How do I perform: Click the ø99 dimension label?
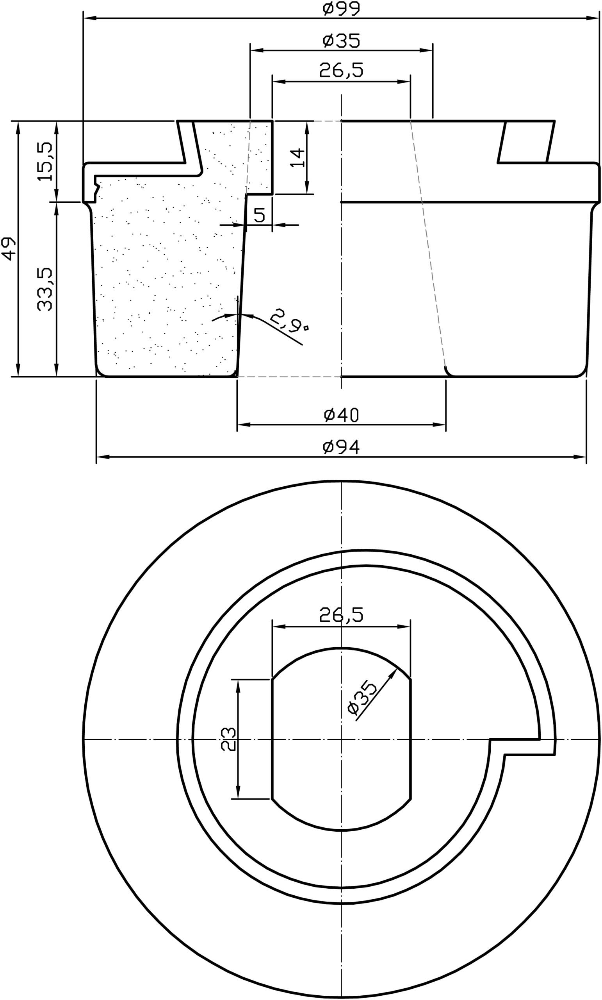pyautogui.click(x=341, y=9)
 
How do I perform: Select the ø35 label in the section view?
pyautogui.click(x=341, y=41)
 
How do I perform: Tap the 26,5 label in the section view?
pyautogui.click(x=341, y=71)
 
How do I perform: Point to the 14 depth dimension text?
pyautogui.click(x=297, y=158)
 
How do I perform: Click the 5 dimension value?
pyautogui.click(x=260, y=215)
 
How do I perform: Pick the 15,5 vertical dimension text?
pyautogui.click(x=45, y=161)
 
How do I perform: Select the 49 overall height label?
pyautogui.click(x=9, y=248)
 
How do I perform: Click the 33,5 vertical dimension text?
pyautogui.click(x=45, y=289)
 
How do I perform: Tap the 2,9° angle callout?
pyautogui.click(x=289, y=319)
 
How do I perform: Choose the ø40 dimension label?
pyautogui.click(x=341, y=415)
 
